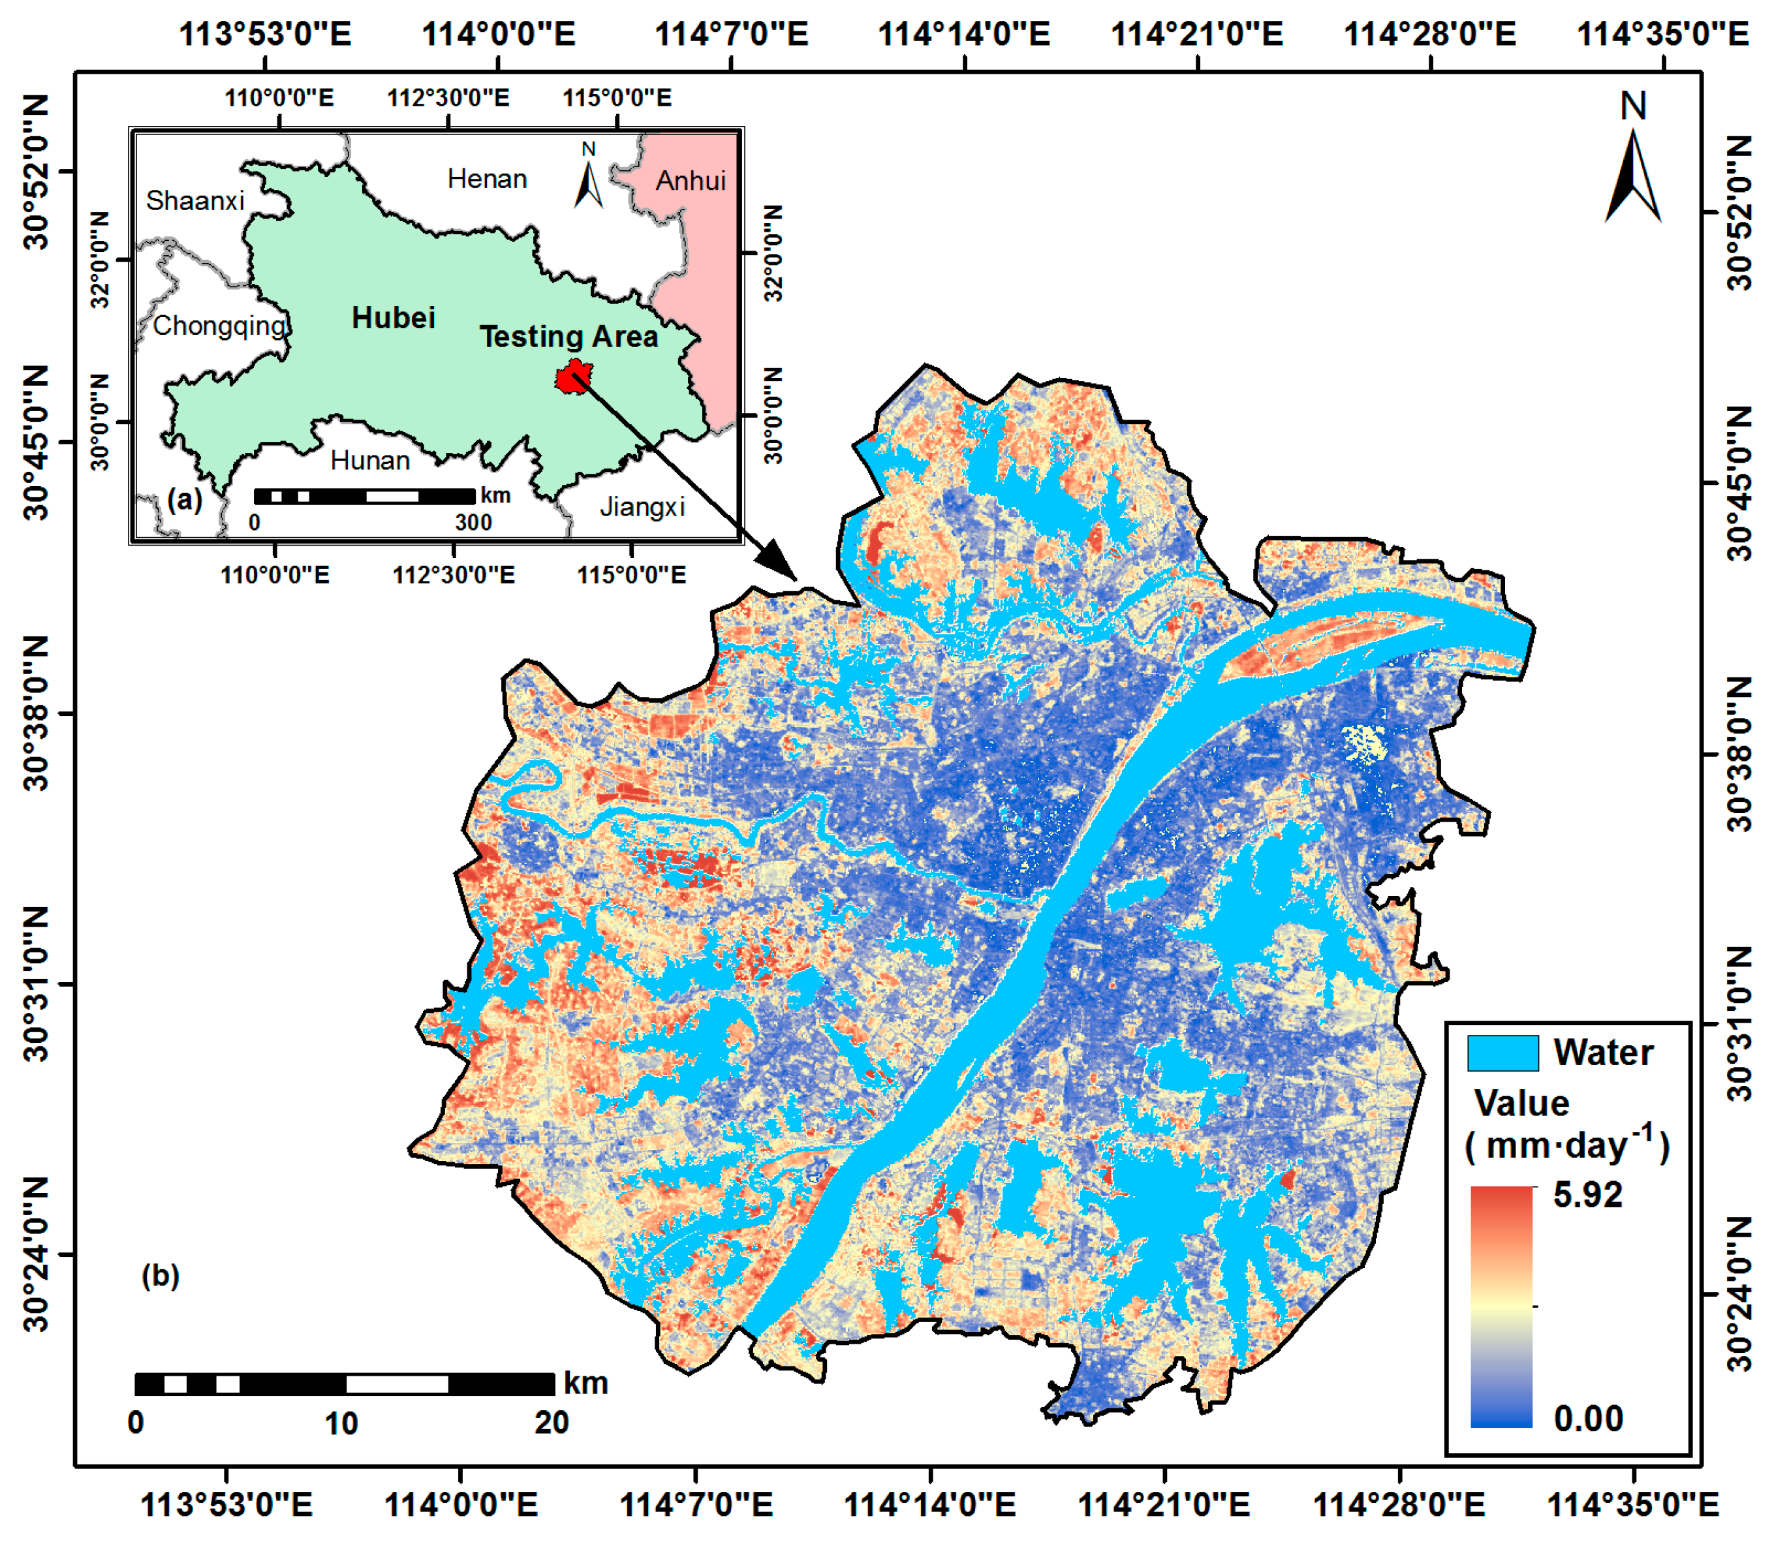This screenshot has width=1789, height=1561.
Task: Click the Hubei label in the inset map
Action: pyautogui.click(x=393, y=318)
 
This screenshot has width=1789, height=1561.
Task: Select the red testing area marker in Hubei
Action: pyautogui.click(x=572, y=379)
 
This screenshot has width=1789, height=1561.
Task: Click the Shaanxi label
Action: pyautogui.click(x=195, y=200)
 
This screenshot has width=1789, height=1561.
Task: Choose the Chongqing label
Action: pyautogui.click(x=219, y=326)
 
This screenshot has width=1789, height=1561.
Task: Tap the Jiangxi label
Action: pyautogui.click(x=642, y=506)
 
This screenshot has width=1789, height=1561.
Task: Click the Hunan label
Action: pyautogui.click(x=370, y=460)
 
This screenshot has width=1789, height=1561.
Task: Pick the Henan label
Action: pyautogui.click(x=487, y=179)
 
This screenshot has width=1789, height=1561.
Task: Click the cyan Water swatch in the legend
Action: pyautogui.click(x=1502, y=1052)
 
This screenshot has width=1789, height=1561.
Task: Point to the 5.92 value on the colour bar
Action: pyautogui.click(x=1587, y=1195)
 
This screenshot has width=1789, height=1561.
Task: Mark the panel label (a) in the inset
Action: pyautogui.click(x=184, y=499)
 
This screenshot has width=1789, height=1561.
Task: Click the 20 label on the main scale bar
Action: pyautogui.click(x=552, y=1423)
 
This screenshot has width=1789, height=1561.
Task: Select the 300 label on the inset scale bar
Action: pyautogui.click(x=473, y=522)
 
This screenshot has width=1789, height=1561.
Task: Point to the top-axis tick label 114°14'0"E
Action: pyautogui.click(x=963, y=35)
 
